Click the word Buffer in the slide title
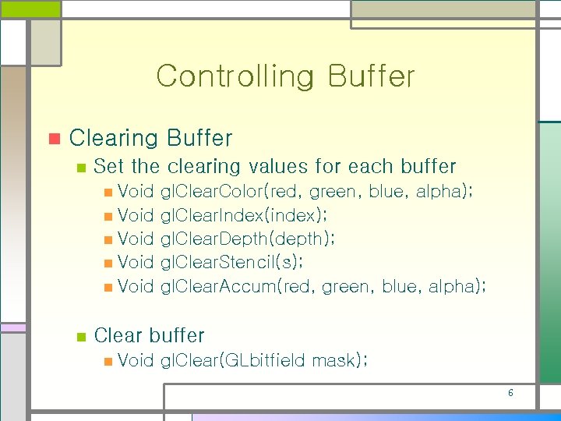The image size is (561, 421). pos(371,76)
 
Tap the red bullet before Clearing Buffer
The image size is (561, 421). pos(54,140)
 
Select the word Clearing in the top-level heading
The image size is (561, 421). pos(114,139)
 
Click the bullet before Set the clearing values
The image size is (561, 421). pos(79,168)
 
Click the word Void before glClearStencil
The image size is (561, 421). pos(136,262)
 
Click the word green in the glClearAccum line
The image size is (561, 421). pos(345,286)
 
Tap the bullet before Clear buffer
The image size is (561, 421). pos(79,337)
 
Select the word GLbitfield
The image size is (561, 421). pos(266,360)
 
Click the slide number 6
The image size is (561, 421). pos(510,393)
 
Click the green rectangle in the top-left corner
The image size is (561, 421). pos(30,9)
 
